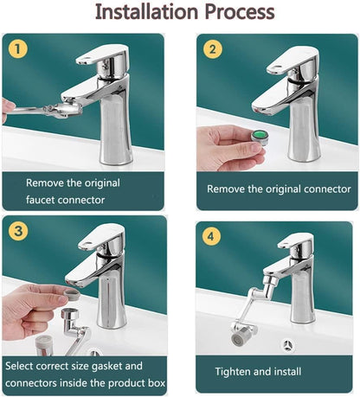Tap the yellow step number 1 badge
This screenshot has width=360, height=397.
(16, 48)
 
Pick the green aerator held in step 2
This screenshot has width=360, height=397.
(257, 136)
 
